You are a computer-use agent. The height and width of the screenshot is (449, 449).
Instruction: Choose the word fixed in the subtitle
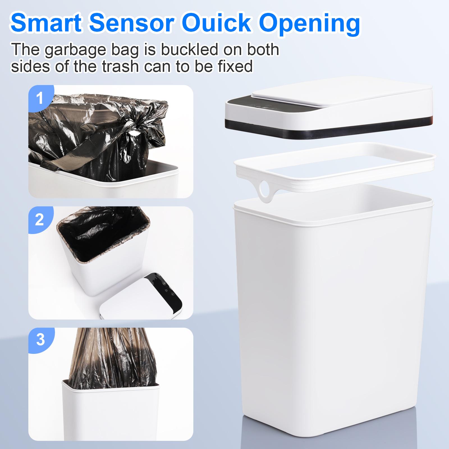[x=234, y=67]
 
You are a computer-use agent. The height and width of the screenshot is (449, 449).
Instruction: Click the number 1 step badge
[x=40, y=98]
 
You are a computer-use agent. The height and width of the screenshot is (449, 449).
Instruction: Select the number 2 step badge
[x=40, y=220]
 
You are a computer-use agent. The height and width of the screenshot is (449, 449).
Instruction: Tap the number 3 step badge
[x=40, y=340]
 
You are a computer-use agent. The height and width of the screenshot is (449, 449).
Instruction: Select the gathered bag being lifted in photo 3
[x=112, y=356]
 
